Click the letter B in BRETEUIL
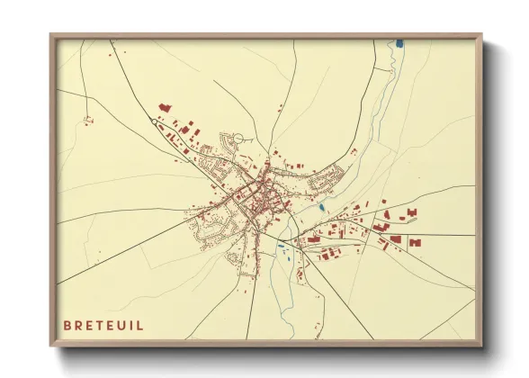click(x=67, y=325)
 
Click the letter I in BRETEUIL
click(x=131, y=325)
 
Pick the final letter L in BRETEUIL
click(x=139, y=325)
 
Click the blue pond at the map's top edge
click(x=399, y=42)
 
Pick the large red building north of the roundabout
click(x=165, y=107)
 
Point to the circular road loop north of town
click(x=238, y=139)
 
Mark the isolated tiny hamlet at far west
click(x=87, y=118)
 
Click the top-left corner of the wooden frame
click(x=51, y=35)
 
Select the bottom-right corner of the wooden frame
click(x=481, y=346)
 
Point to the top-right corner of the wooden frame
click(x=481, y=35)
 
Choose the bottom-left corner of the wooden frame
click(x=51, y=346)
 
